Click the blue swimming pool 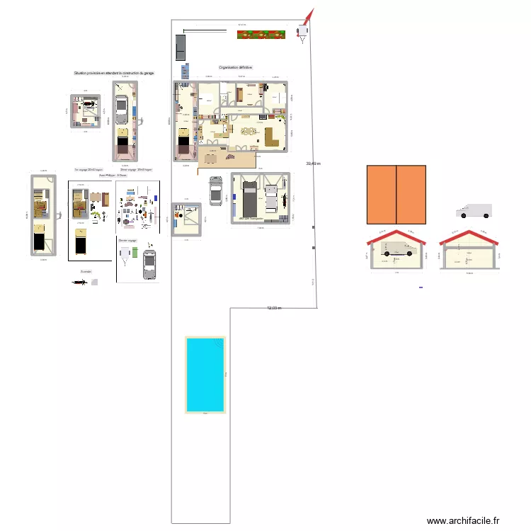[x=205, y=374]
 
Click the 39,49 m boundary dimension [x=313, y=164]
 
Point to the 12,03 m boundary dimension [x=274, y=308]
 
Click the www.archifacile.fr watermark [x=463, y=520]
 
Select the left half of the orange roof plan [x=381, y=194]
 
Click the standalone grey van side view [x=474, y=211]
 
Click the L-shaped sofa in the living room [x=271, y=136]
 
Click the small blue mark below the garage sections [x=421, y=287]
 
